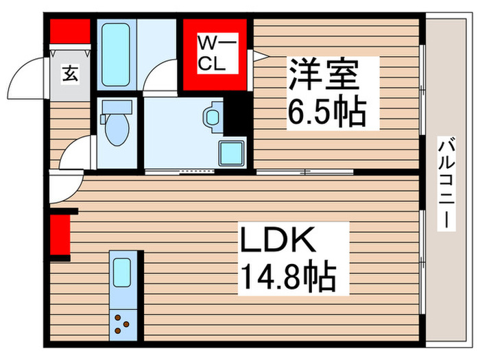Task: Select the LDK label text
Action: pyautogui.click(x=277, y=242)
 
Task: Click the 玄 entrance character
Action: pyautogui.click(x=71, y=72)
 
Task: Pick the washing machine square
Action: pyautogui.click(x=230, y=151)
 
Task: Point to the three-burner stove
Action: pyautogui.click(x=123, y=322)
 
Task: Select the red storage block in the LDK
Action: pyautogui.click(x=60, y=234)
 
